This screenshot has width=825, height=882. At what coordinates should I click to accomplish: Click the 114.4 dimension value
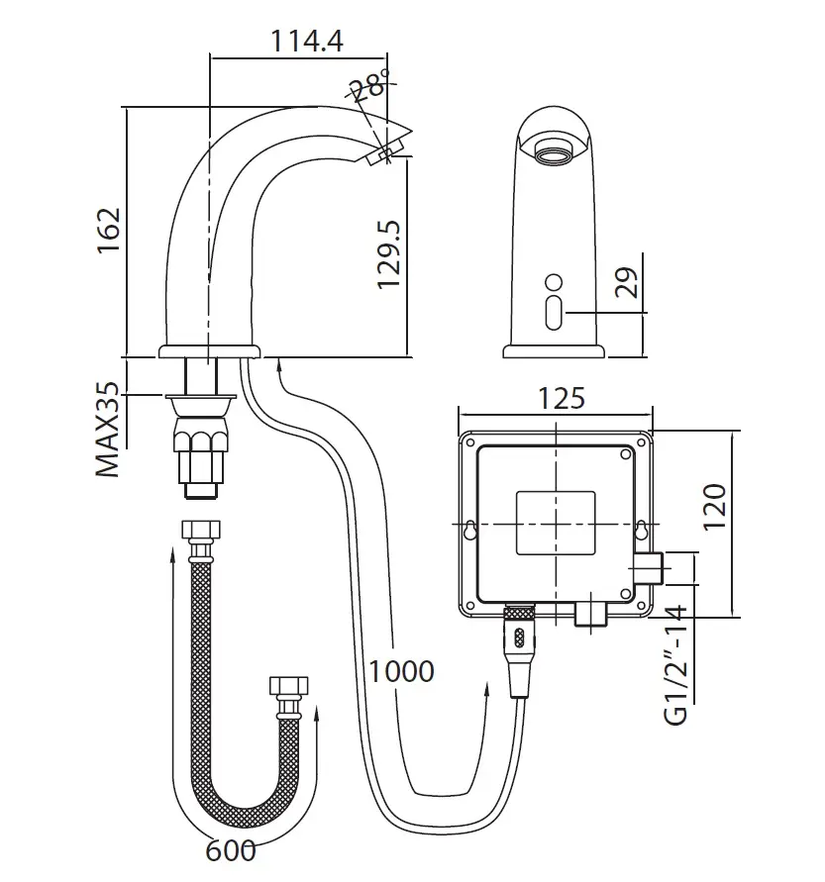coord(307,41)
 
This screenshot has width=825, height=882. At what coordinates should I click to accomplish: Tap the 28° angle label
coord(368,85)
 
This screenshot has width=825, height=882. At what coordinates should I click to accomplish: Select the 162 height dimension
coord(109,231)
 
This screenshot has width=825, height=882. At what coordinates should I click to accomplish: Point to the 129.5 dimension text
coord(389,254)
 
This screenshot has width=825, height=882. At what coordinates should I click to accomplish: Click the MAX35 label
coord(108,430)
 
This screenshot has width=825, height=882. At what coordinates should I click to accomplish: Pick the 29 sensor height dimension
coord(627,282)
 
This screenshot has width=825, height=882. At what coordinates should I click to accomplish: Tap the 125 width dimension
coord(562,398)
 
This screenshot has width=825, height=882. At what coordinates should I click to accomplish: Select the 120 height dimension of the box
coord(715,506)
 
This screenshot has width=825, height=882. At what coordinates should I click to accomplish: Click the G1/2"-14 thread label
coord(675,665)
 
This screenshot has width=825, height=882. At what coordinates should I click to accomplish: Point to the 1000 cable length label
coord(401,671)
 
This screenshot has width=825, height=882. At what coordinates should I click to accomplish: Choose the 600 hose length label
coord(231,850)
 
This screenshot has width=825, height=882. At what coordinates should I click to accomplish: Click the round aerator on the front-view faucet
coord(554,150)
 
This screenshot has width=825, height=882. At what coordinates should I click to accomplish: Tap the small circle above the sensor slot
coord(554,282)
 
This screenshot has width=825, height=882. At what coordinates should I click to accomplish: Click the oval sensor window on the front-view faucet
coord(554,313)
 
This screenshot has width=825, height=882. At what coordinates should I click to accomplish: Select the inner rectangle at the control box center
coord(556,523)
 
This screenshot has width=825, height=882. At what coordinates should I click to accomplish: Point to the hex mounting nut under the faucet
coord(201,439)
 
